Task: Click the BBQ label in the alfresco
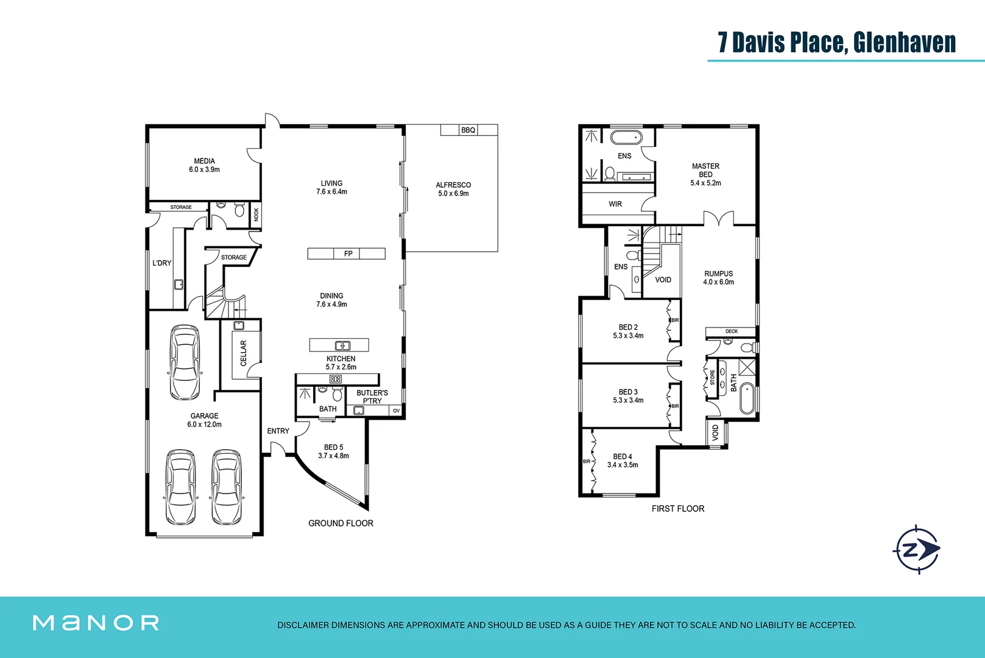468,130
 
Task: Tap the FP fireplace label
348,253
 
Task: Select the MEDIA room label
204,161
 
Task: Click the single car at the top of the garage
184,362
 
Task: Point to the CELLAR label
244,353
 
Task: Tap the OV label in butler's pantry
396,411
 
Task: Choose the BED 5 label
333,447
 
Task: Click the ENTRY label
278,431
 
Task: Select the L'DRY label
161,263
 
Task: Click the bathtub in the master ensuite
626,136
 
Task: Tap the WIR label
615,204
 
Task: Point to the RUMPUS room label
718,274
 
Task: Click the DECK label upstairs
731,331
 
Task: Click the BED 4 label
622,456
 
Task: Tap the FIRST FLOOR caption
677,509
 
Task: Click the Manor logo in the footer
96,623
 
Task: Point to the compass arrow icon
917,550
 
